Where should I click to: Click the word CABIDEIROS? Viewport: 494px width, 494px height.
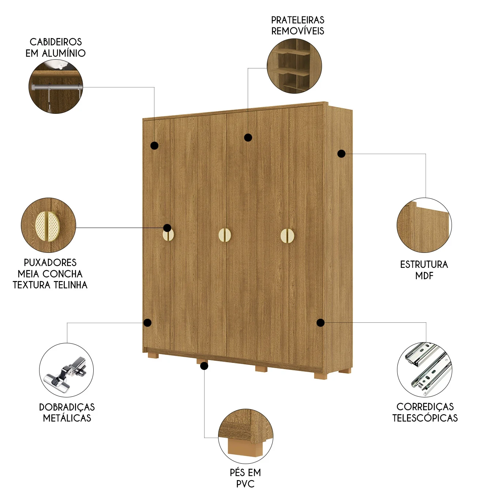(x=56, y=42)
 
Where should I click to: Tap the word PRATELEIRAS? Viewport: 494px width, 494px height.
(x=297, y=20)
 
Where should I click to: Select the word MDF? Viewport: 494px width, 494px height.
(x=424, y=276)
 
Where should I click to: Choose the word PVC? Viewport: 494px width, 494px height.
(x=245, y=484)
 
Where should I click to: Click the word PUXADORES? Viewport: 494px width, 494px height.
(x=50, y=262)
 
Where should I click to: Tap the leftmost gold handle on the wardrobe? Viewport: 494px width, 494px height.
(x=168, y=235)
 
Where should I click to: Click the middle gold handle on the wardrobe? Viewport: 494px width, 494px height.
(x=225, y=235)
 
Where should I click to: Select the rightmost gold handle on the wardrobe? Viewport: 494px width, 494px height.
(x=287, y=236)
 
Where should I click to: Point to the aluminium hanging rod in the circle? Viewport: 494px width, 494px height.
(x=56, y=87)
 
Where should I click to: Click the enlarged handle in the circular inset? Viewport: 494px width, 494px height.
(x=48, y=227)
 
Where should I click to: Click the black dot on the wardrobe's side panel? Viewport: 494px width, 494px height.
(x=341, y=154)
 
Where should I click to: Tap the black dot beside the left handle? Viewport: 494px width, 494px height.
(x=167, y=228)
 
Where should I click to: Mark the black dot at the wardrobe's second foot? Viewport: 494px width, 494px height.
(x=204, y=366)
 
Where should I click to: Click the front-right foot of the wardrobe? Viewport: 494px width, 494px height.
(x=321, y=376)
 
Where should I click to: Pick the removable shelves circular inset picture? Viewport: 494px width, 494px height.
(x=294, y=66)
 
